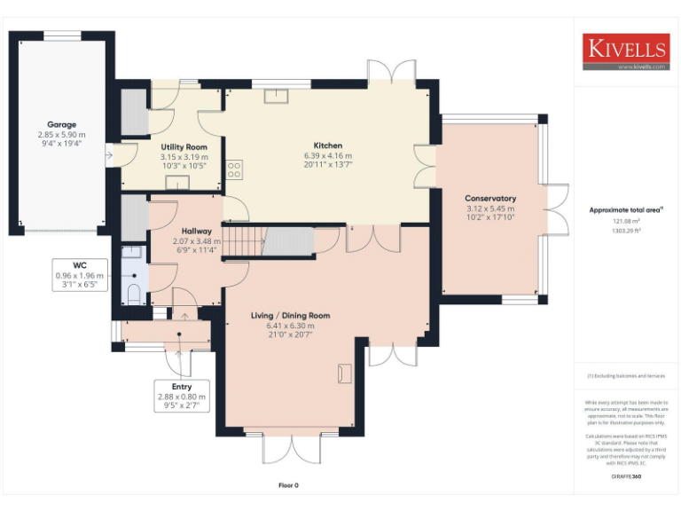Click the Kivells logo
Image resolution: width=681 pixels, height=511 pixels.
[x=625, y=51]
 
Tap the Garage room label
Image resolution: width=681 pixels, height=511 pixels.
[x=62, y=125]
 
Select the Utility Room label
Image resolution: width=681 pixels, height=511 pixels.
[x=184, y=146]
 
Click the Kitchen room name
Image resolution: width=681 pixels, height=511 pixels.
[x=327, y=145]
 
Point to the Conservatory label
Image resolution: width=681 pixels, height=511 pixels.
[x=490, y=199]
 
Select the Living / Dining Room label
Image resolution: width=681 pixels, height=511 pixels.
[x=290, y=316]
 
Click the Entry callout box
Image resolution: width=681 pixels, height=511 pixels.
[x=181, y=397]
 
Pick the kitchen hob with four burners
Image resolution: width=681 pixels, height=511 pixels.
[x=235, y=169]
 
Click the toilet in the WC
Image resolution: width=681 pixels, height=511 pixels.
[x=134, y=294]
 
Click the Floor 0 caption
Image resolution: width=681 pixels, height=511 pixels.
[x=289, y=485]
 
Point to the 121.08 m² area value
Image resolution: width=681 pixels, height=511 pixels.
[x=626, y=222]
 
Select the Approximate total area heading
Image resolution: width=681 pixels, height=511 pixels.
[x=626, y=210]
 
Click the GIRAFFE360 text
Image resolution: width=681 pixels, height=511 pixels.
[x=626, y=477]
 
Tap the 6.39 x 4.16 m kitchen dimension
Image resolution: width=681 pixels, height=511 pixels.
[x=327, y=155]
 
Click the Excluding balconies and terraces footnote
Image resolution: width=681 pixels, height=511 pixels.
[x=626, y=376]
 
